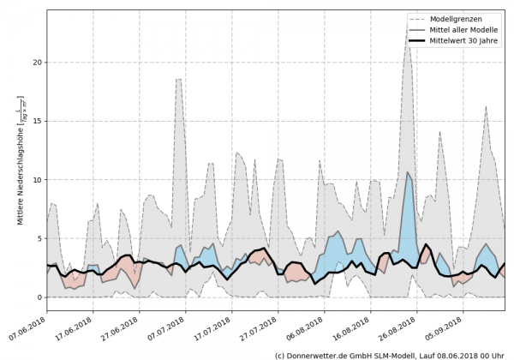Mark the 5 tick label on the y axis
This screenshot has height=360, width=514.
pyautogui.click(x=39, y=239)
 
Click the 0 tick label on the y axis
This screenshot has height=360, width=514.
pyautogui.click(x=39, y=297)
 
